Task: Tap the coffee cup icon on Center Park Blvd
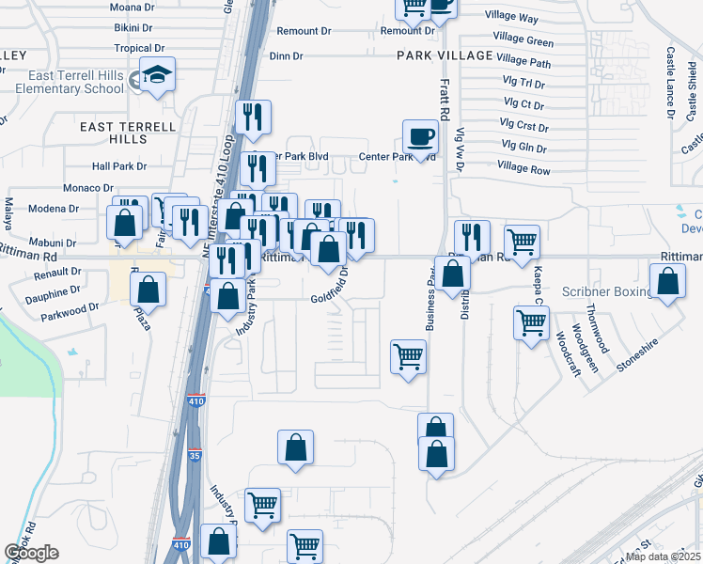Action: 419,136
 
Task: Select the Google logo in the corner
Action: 31,553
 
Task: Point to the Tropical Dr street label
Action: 139,48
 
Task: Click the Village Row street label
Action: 524,169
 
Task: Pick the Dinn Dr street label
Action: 286,56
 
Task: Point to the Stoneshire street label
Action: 634,357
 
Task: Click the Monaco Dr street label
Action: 89,188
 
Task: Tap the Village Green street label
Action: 523,41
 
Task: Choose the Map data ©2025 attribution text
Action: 663,556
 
